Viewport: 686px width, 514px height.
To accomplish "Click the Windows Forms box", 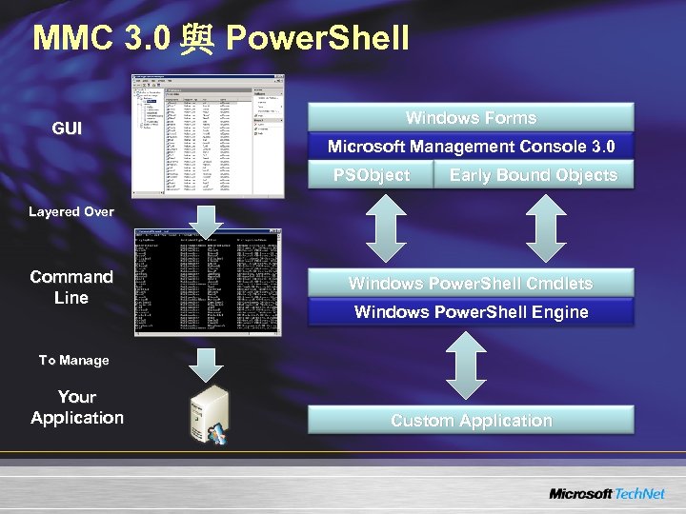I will click(471, 118).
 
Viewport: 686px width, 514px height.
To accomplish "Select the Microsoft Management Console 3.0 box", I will click(471, 147).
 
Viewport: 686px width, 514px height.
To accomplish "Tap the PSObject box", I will click(371, 175).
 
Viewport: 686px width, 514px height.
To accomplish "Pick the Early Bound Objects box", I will click(533, 175).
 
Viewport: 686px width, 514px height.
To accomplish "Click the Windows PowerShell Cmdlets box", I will click(471, 283).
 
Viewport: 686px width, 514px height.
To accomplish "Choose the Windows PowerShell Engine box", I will click(471, 312).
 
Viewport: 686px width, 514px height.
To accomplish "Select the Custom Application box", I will click(471, 420).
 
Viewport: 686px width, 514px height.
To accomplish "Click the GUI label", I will click(67, 128).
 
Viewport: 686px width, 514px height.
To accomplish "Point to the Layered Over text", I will click(71, 211).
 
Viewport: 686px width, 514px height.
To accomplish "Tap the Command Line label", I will click(71, 287).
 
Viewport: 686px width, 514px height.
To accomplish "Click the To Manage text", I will click(73, 360).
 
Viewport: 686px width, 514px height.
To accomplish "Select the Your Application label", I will click(77, 406).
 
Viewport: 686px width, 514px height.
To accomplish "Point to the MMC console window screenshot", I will click(207, 134).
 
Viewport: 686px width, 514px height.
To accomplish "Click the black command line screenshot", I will click(207, 283).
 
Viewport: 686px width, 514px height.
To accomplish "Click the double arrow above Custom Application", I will click(467, 365).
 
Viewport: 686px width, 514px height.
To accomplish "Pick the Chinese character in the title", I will click(197, 39).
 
